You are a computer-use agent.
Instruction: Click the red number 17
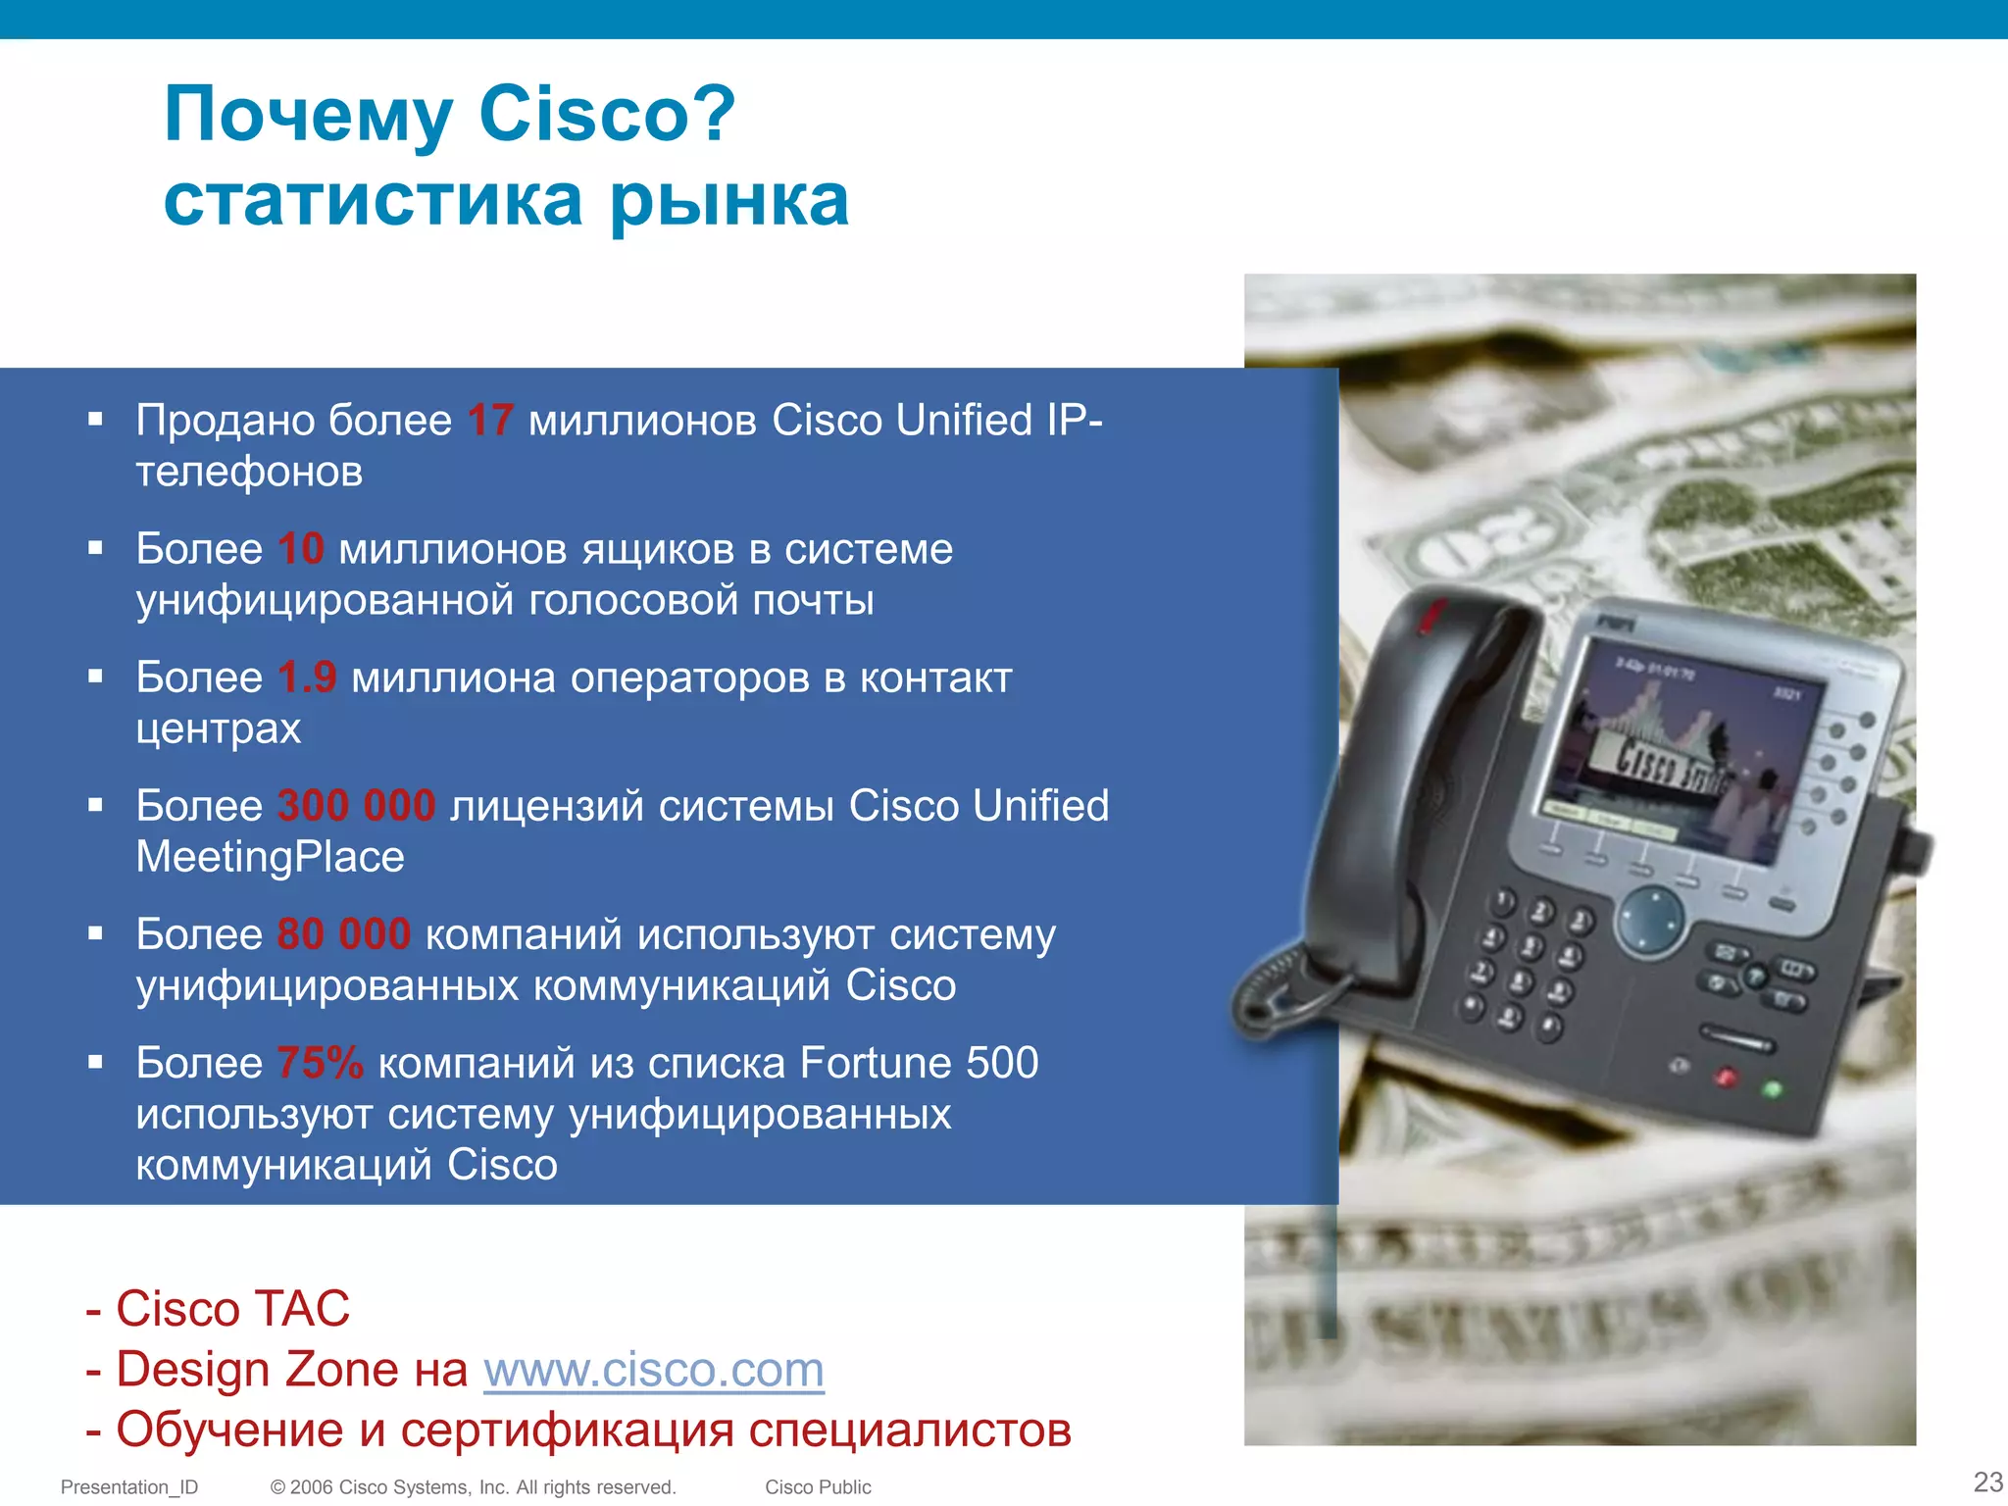tap(490, 421)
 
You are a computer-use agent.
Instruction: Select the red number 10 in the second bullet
tap(300, 549)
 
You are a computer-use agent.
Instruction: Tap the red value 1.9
tap(307, 678)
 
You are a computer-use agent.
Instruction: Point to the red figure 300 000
tap(356, 806)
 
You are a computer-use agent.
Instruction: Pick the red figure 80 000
tap(343, 934)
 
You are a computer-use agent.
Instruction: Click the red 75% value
tap(320, 1063)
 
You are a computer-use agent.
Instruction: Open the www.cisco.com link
tap(653, 1370)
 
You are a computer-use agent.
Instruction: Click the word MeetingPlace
tap(270, 857)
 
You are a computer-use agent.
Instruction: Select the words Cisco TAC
tap(232, 1309)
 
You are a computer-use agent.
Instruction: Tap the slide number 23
tap(1987, 1481)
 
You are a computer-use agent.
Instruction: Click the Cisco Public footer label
tap(818, 1487)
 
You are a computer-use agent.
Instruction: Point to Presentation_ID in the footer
tap(129, 1487)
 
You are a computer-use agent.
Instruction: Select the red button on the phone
tap(1726, 1079)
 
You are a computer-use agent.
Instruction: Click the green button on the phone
tap(1772, 1089)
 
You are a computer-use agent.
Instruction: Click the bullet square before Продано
tap(95, 420)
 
